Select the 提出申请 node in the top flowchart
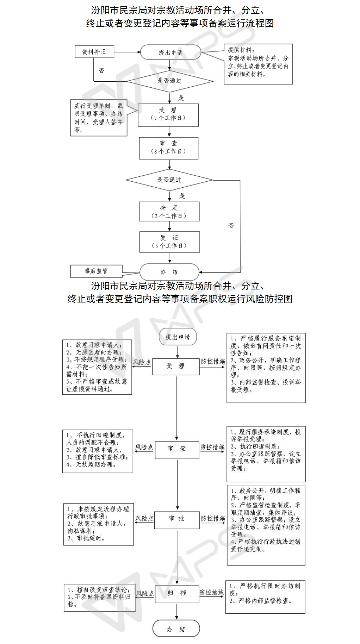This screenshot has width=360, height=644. click(170, 52)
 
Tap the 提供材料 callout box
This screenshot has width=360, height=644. click(258, 64)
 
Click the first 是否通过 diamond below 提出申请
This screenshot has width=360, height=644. click(169, 81)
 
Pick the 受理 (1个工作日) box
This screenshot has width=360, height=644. click(168, 114)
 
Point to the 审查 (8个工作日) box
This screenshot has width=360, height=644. click(169, 148)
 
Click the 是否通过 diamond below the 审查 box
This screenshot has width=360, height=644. click(169, 180)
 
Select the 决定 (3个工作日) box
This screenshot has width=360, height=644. click(169, 212)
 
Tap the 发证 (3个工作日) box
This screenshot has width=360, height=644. click(169, 242)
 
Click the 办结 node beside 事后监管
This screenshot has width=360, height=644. click(169, 272)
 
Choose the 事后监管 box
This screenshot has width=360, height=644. click(96, 271)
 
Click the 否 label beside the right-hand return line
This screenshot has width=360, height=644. click(231, 226)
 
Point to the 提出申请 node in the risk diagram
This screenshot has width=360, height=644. click(178, 337)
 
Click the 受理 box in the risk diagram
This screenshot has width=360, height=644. click(176, 366)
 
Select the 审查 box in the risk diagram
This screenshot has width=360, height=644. click(177, 449)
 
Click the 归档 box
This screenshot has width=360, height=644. click(177, 593)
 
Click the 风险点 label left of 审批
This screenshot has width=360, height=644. click(144, 519)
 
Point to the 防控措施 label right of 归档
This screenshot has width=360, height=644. click(212, 593)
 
